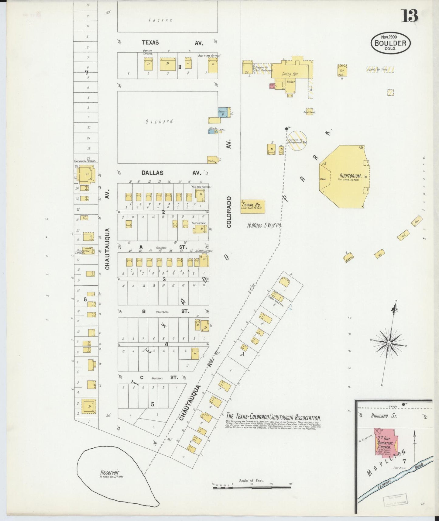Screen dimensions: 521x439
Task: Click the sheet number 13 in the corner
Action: pos(410,16)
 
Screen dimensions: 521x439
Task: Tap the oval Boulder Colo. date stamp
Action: pos(390,43)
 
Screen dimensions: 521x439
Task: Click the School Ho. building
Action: pos(252,206)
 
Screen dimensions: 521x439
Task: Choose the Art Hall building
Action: pos(342,71)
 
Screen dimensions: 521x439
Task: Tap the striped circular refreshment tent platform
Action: pos(297,140)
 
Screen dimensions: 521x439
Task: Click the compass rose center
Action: pos(389,343)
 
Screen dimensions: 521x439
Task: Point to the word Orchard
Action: pos(159,122)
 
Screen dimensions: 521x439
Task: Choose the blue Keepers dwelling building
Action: pos(223,112)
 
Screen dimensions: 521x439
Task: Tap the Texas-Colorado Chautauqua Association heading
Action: pos(273,418)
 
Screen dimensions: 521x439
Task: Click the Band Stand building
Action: pos(310,111)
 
